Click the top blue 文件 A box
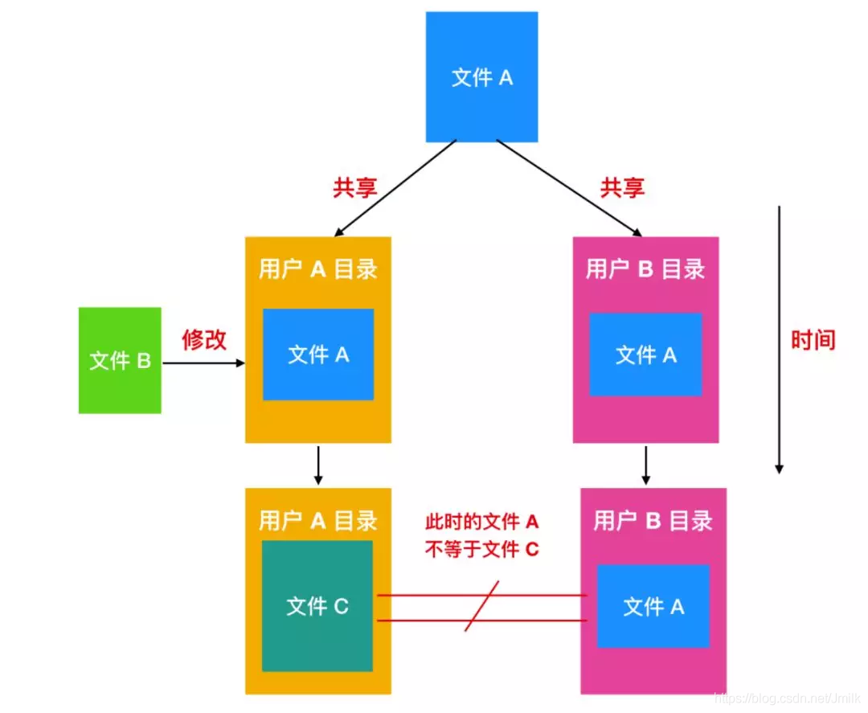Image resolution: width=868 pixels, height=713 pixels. click(x=481, y=77)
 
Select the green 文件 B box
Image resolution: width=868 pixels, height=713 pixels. click(x=120, y=360)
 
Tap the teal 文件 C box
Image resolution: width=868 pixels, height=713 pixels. click(x=317, y=605)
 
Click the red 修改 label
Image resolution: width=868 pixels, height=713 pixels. click(x=204, y=340)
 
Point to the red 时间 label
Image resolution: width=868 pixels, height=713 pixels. click(x=813, y=340)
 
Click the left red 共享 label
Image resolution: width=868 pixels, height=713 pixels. click(x=355, y=187)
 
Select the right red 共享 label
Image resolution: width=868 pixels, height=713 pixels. click(x=622, y=187)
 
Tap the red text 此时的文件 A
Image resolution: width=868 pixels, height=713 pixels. click(x=481, y=522)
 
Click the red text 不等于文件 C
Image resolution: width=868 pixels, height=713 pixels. click(x=481, y=550)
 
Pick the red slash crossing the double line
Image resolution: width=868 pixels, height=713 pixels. click(x=482, y=607)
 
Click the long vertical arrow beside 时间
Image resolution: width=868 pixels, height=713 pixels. click(x=778, y=338)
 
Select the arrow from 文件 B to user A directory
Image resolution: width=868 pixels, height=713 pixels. click(x=203, y=363)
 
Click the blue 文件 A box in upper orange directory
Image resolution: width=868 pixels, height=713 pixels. click(x=318, y=354)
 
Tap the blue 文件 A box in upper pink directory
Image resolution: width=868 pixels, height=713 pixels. click(x=645, y=354)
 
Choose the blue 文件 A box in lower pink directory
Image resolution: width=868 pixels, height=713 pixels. click(x=653, y=606)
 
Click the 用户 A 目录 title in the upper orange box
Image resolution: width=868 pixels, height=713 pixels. click(x=318, y=269)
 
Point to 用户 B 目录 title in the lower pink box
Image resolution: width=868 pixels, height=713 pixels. click(x=653, y=521)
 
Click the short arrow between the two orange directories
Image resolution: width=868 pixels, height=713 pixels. click(x=318, y=465)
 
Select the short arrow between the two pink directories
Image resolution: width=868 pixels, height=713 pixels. click(x=646, y=465)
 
